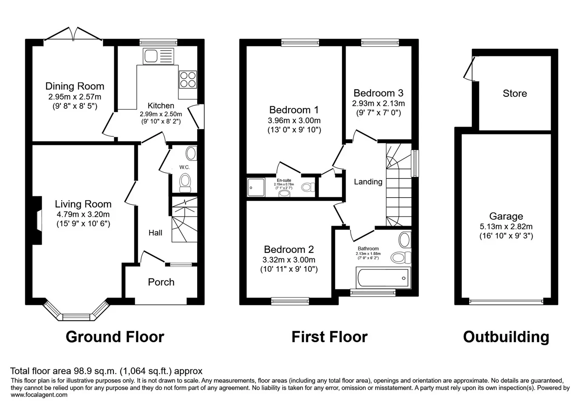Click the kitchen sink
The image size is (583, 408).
click(158, 56)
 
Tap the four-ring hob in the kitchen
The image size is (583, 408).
click(188, 79)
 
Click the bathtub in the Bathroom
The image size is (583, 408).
click(383, 278)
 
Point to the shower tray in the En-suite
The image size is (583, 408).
click(256, 187)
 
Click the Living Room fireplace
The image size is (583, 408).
click(37, 220)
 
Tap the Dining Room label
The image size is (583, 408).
click(75, 86)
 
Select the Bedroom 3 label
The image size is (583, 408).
click(378, 93)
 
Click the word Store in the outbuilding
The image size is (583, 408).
click(515, 93)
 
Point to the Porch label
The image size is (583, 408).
click(161, 282)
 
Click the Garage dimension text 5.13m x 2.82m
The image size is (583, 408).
click(506, 227)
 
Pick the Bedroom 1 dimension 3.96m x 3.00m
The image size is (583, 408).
click(294, 121)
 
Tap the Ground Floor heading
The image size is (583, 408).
click(115, 337)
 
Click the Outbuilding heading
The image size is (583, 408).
click(506, 337)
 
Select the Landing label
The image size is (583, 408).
click(368, 182)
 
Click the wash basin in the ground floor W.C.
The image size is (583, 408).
click(191, 153)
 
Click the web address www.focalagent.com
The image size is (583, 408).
click(39, 395)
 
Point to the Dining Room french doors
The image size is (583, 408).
click(73, 34)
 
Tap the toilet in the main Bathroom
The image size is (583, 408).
click(401, 258)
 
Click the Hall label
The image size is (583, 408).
click(156, 233)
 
